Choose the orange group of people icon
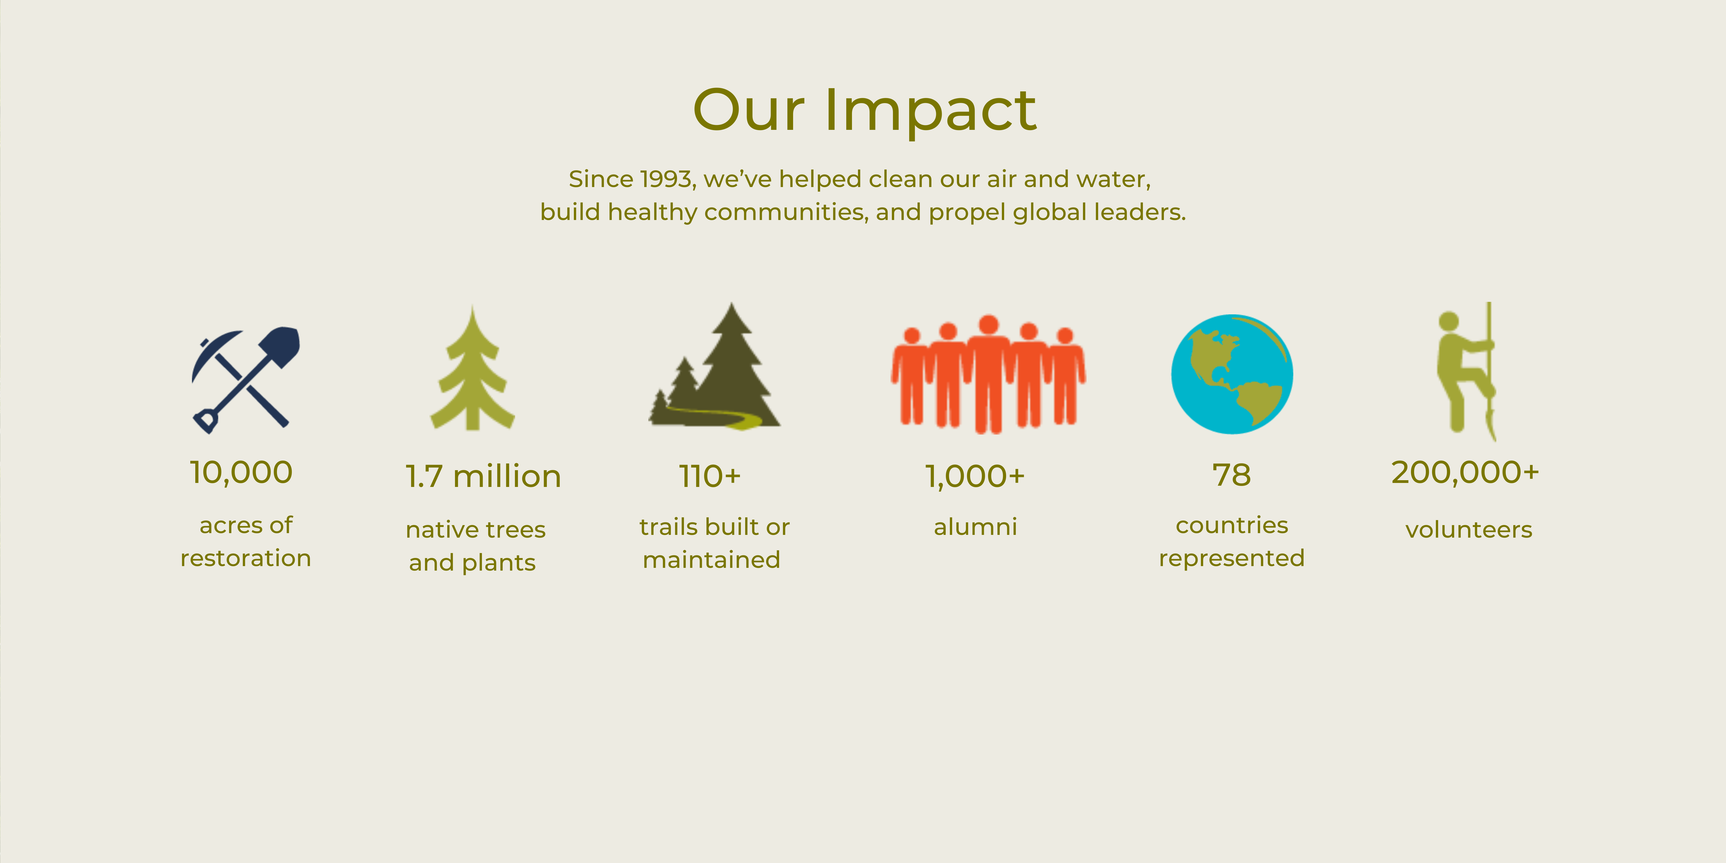(988, 374)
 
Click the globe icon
(1232, 374)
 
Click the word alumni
(976, 527)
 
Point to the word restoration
(246, 558)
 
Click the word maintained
(712, 559)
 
